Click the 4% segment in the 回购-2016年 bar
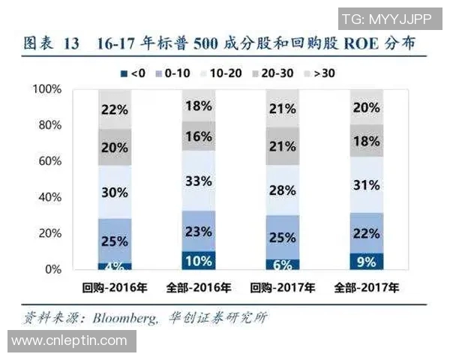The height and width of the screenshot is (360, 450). coord(115,265)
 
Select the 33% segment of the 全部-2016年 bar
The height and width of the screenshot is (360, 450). coord(198,181)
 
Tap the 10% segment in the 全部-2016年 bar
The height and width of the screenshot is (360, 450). coord(198,260)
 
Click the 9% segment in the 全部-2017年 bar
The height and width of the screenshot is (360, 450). coord(366,262)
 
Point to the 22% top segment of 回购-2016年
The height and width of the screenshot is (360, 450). coord(115,109)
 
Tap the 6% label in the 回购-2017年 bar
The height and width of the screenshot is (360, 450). coord(282,264)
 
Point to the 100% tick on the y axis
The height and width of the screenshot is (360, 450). coord(46,89)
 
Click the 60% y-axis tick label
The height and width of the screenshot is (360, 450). coord(49,161)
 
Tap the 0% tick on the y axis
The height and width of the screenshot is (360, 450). coord(52,269)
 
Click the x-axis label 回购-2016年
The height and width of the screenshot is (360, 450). coord(115,287)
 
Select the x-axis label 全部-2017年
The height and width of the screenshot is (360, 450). coord(366,287)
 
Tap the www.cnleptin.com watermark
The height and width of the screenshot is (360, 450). coord(69,341)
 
